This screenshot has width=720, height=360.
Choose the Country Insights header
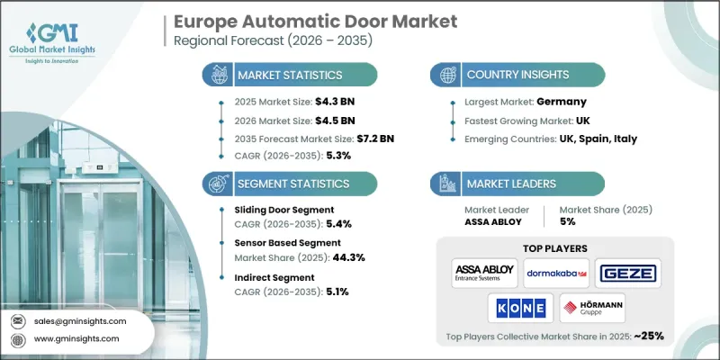coord(514,75)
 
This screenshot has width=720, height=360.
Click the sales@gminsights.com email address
coord(80,320)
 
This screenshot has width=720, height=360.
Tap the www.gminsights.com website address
coord(77,339)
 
